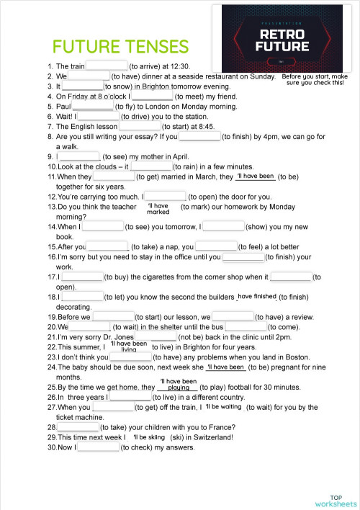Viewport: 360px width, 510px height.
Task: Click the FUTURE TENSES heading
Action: pyautogui.click(x=121, y=47)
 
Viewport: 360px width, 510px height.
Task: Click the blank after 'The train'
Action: pyautogui.click(x=107, y=65)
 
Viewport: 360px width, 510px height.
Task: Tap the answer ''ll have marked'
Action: pyautogui.click(x=158, y=209)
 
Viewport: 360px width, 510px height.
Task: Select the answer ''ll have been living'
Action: pyautogui.click(x=129, y=346)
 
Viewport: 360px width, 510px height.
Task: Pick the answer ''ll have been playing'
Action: pyautogui.click(x=178, y=384)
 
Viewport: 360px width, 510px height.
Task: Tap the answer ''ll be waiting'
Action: pyautogui.click(x=223, y=407)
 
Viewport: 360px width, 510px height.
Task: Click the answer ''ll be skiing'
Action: pyautogui.click(x=149, y=437)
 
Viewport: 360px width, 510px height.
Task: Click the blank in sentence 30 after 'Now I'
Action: pyautogui.click(x=98, y=447)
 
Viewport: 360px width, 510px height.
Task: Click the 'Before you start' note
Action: pyautogui.click(x=315, y=79)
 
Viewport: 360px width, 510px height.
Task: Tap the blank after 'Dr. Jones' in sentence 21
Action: pyautogui.click(x=156, y=336)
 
